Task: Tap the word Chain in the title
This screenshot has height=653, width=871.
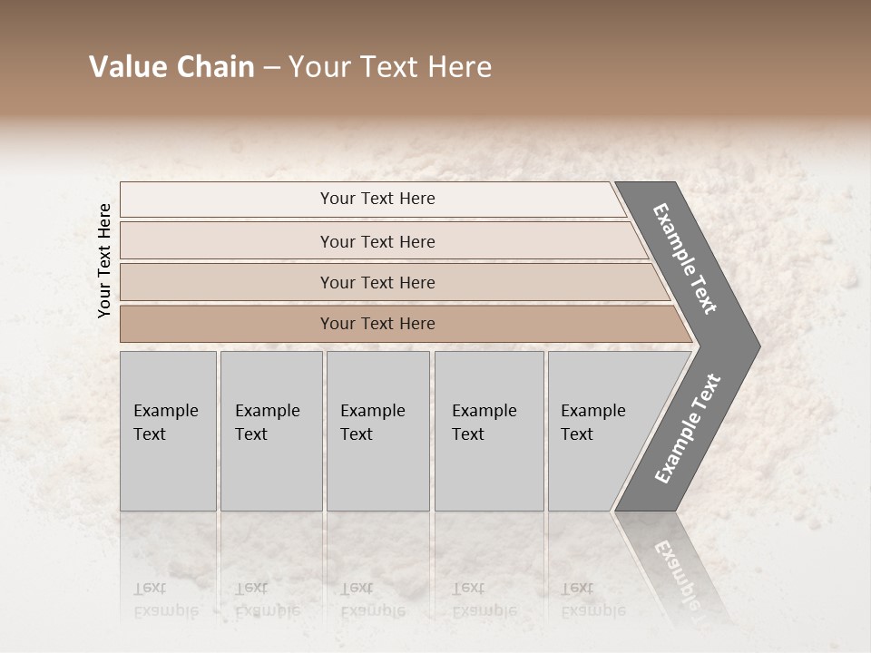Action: coord(213,67)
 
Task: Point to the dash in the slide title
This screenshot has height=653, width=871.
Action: coord(271,68)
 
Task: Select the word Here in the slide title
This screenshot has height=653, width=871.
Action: coord(460,67)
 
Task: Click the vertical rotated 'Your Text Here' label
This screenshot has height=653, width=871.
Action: coord(104,260)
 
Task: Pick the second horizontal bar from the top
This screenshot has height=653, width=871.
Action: coord(377,241)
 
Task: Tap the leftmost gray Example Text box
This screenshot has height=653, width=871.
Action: coord(168,431)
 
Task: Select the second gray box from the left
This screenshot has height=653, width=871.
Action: coord(271,431)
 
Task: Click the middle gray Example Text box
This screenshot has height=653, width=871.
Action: coord(377,431)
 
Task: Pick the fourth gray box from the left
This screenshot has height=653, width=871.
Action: coord(489,431)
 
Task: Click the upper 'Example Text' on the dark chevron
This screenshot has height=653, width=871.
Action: coord(685,259)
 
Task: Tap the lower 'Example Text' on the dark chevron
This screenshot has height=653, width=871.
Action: coord(688,429)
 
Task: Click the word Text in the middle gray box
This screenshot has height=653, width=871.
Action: coord(357,434)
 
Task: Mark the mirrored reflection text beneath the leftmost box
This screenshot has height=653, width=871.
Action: coord(165,599)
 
